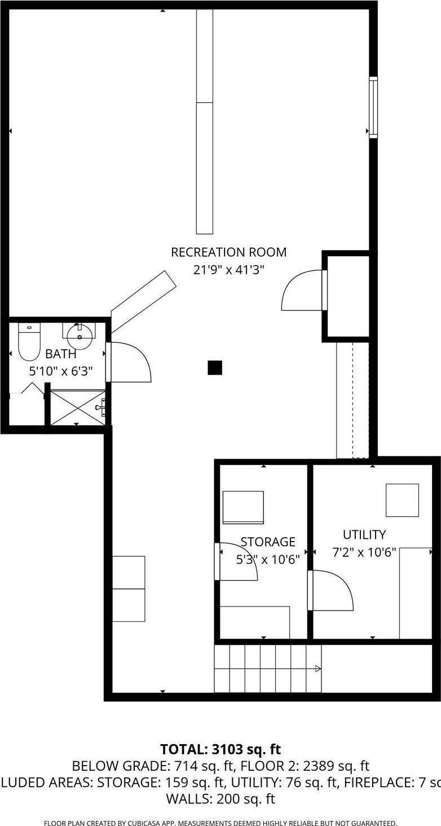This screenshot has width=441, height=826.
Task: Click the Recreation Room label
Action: point(228,252)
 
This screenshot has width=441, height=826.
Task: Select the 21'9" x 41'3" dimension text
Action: point(228,270)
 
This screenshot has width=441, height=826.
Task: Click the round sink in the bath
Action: point(80,337)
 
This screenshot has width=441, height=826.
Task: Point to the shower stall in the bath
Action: point(77,407)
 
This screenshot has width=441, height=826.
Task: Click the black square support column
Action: point(214,368)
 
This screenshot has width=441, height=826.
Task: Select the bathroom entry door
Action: point(129,363)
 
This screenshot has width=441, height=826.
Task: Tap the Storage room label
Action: point(268,542)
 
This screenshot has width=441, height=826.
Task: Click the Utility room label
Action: point(364,534)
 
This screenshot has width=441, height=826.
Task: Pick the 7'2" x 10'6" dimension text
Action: point(364,552)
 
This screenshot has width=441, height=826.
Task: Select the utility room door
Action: point(332,590)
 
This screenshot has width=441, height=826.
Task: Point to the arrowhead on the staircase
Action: point(318,669)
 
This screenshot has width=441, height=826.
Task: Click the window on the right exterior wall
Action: point(373,107)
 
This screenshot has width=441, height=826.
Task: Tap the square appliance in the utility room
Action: point(402,500)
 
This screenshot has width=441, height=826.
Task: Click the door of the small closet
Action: point(303,291)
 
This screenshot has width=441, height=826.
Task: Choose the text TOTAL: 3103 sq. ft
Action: point(220,749)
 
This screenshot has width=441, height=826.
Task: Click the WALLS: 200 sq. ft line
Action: point(220,798)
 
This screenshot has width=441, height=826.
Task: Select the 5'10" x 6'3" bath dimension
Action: point(61,371)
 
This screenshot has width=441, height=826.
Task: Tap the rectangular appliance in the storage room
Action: point(243,507)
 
